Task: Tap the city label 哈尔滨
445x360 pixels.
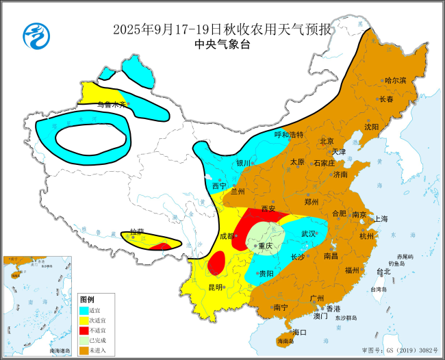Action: point(395,81)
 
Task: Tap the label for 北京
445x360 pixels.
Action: point(327,142)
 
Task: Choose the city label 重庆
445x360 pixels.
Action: point(264,246)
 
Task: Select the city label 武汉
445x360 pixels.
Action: point(309,234)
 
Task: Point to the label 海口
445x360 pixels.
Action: point(299,332)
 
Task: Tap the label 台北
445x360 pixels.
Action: point(383,272)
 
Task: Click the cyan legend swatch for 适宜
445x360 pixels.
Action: point(84,310)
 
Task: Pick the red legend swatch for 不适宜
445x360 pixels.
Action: point(84,331)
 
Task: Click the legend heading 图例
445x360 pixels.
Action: point(87,300)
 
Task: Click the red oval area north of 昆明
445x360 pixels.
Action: point(216,262)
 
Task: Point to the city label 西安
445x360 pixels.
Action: point(268,209)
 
